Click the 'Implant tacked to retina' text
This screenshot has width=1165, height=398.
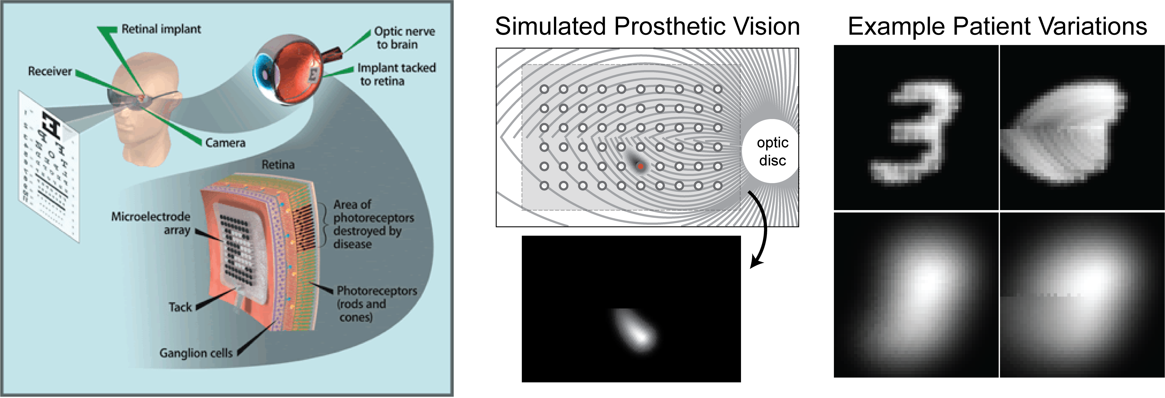[x=396, y=74]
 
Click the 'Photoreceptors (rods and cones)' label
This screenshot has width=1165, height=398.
[x=376, y=303]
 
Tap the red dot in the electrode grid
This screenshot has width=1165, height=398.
[x=640, y=167]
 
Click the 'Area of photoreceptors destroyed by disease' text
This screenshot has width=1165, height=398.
[x=373, y=224]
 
